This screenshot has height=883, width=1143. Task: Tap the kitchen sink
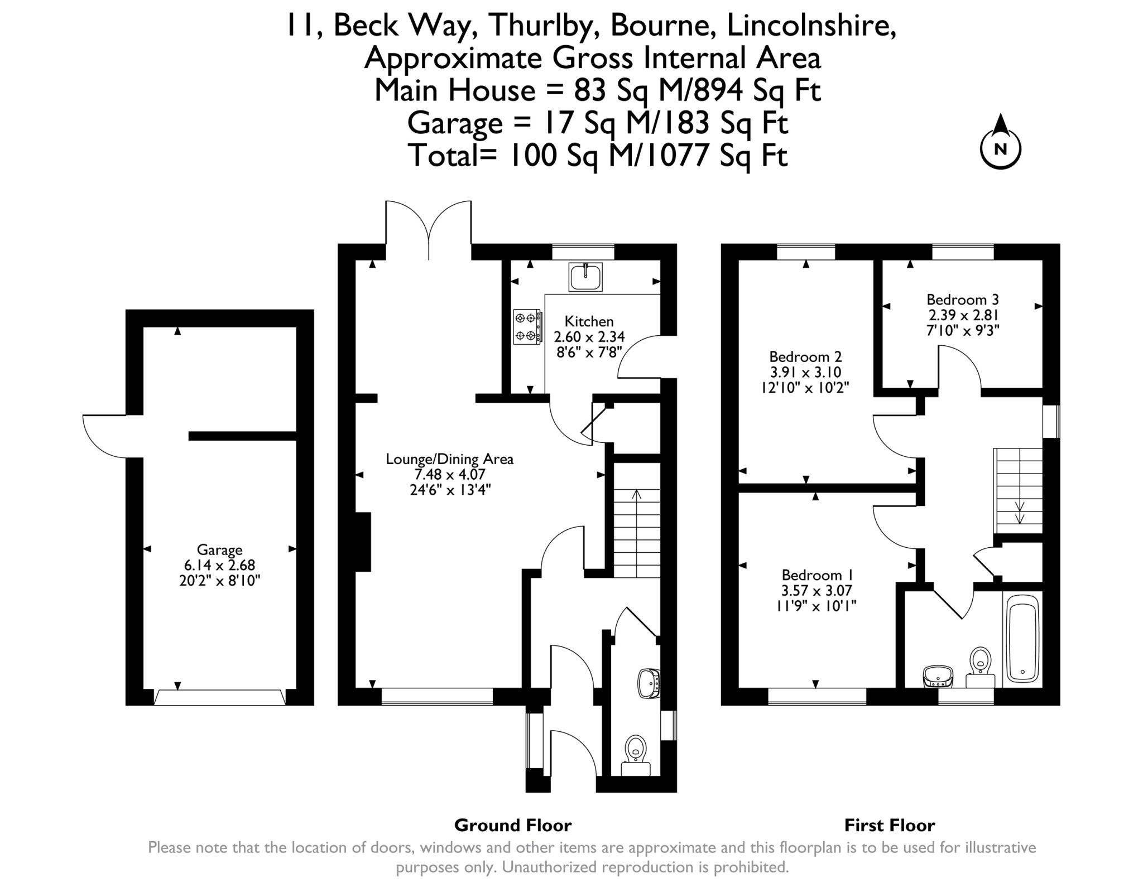click(x=585, y=277)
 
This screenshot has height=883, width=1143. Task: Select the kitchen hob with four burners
click(x=527, y=327)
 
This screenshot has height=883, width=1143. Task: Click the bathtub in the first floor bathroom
click(x=1022, y=639)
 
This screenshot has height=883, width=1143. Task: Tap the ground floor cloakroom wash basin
click(x=649, y=683)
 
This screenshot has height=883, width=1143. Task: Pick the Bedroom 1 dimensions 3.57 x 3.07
click(x=817, y=591)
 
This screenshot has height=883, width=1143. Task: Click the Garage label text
click(x=219, y=550)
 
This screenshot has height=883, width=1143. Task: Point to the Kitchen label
click(x=589, y=321)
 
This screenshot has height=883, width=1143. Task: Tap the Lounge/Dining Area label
click(x=449, y=460)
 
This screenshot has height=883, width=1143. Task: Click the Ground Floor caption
click(x=513, y=825)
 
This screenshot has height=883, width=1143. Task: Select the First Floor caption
click(x=890, y=825)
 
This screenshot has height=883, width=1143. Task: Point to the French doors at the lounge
click(x=429, y=230)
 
